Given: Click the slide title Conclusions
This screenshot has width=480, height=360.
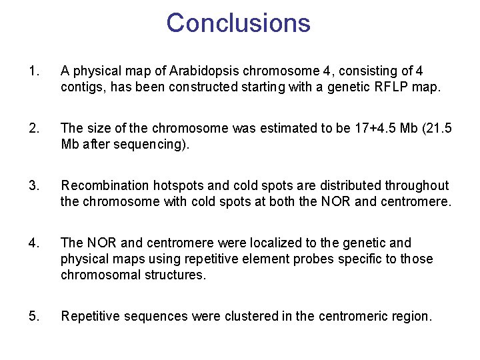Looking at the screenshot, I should tap(239, 23).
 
